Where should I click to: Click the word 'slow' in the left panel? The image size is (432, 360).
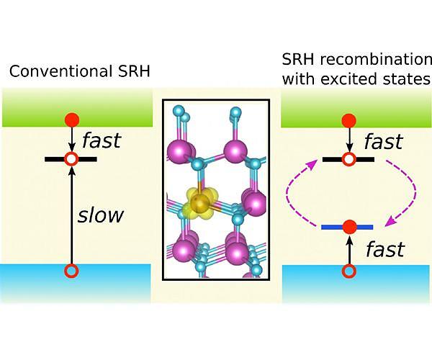pos(101,215)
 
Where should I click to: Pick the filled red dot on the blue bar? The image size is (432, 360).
pos(349,228)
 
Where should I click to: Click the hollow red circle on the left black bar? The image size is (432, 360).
pos(71,158)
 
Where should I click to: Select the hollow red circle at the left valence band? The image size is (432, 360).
pos(71,271)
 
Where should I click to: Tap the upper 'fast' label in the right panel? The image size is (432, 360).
pos(384,140)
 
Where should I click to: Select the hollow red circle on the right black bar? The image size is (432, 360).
pos(349,158)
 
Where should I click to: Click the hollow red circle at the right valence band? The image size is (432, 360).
pos(349,271)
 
